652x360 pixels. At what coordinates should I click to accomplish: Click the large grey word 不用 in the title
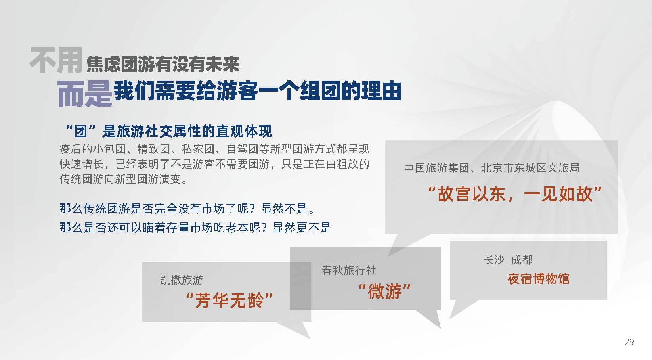[x=56, y=60]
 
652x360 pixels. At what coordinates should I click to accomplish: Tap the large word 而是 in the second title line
[x=84, y=94]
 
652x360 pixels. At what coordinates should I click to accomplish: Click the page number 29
[x=629, y=342]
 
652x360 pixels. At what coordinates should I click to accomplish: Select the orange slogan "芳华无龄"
[x=229, y=300]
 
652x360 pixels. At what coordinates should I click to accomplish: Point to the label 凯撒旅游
[x=182, y=280]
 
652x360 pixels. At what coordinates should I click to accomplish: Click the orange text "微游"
[x=384, y=291]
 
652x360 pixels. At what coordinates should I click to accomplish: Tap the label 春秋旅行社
[x=349, y=270]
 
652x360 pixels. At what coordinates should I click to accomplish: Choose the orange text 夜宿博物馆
[x=539, y=279]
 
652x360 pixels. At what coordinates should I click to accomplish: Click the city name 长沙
[x=494, y=260]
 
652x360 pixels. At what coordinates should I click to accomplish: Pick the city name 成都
[x=522, y=260]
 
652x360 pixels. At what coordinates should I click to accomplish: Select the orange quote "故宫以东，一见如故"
[x=515, y=194]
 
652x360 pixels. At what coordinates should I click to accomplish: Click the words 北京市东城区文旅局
[x=530, y=168]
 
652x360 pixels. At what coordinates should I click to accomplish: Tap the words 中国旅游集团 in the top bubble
[x=437, y=168]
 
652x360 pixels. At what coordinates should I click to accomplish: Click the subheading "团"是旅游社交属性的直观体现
[x=169, y=131]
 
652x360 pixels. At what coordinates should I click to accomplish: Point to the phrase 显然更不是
[x=302, y=228]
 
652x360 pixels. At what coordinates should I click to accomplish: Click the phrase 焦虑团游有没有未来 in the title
[x=163, y=64]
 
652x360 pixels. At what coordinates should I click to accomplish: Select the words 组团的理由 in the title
[x=350, y=91]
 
